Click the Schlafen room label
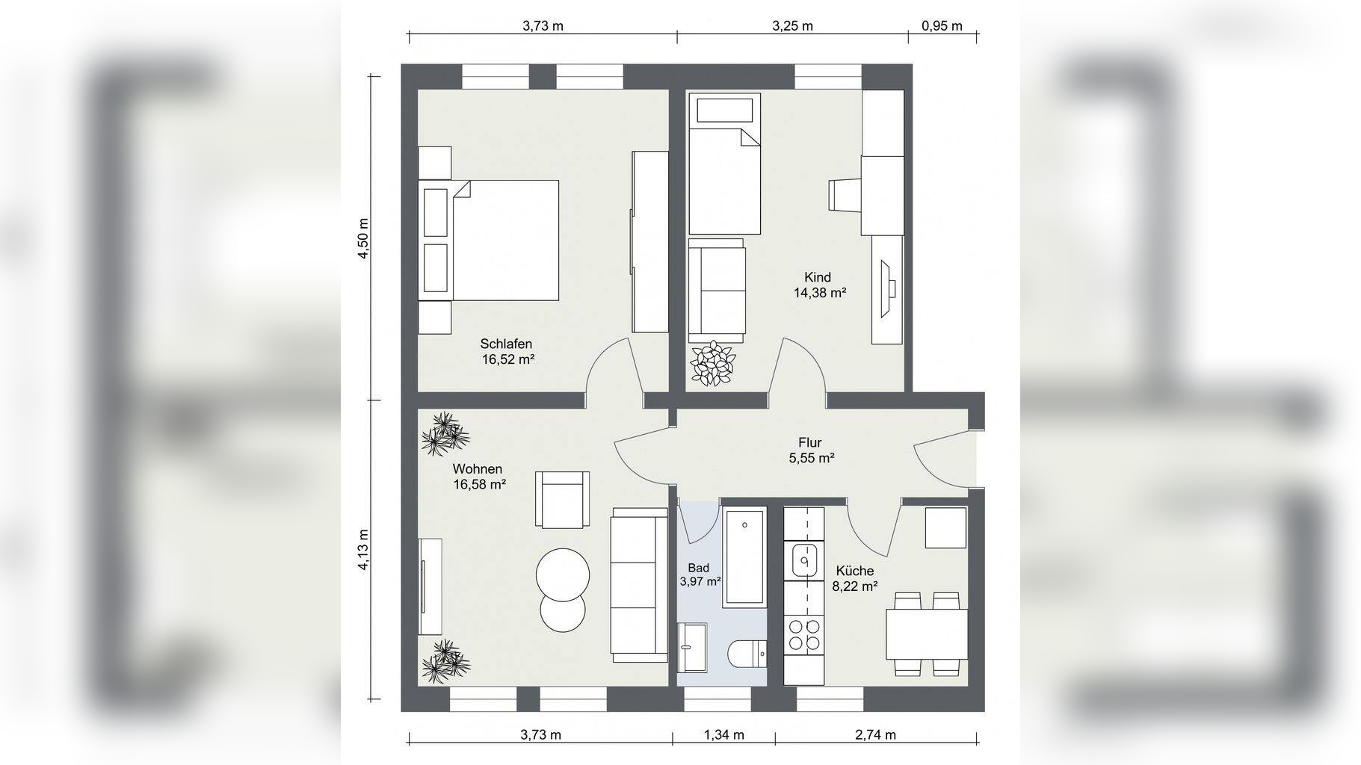tap(506, 344)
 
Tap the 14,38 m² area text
tap(819, 293)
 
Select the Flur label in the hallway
tap(810, 442)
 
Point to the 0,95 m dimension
tap(942, 26)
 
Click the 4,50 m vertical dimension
tap(364, 238)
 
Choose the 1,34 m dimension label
tap(723, 734)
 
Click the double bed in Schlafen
tap(505, 240)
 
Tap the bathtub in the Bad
tap(744, 555)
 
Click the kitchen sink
tap(803, 559)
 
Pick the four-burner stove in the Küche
tap(803, 635)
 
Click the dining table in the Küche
tap(927, 634)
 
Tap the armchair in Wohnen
tap(562, 499)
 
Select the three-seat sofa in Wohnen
tap(639, 584)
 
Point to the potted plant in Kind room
tap(712, 364)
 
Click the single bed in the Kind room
tap(724, 164)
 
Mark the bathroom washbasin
tap(692, 646)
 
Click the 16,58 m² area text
tap(479, 484)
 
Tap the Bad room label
tap(698, 569)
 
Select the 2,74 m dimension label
tap(875, 734)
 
